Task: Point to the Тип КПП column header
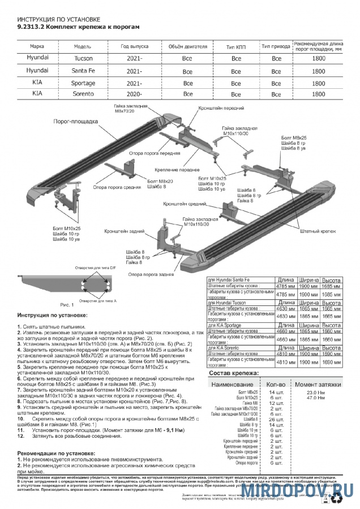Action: [x=237, y=46]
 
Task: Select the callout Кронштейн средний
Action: [x=181, y=203]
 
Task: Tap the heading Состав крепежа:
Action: [x=250, y=373]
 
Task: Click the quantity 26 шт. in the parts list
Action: [x=276, y=419]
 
